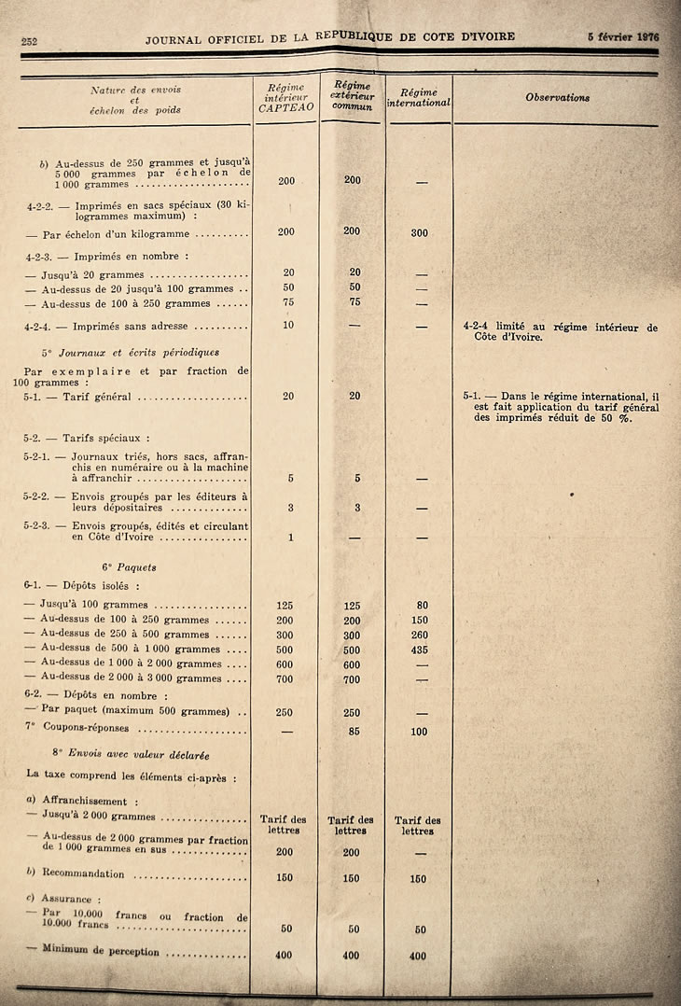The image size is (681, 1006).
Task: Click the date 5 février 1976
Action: (623, 37)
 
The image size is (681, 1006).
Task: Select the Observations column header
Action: (557, 97)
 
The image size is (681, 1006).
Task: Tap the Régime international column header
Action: (419, 97)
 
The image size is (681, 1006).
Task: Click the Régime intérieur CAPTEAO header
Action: (285, 97)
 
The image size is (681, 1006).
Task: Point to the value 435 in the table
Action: (419, 650)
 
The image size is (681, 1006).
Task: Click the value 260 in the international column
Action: (419, 635)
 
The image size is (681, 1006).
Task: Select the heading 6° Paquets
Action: (130, 566)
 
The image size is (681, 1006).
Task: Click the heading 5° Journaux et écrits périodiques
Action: (131, 353)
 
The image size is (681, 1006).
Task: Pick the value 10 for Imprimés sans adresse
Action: (288, 325)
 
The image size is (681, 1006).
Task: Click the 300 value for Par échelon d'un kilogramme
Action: (419, 232)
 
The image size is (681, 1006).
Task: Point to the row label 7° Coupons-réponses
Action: (84, 728)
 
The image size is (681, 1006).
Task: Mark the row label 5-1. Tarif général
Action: (77, 398)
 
